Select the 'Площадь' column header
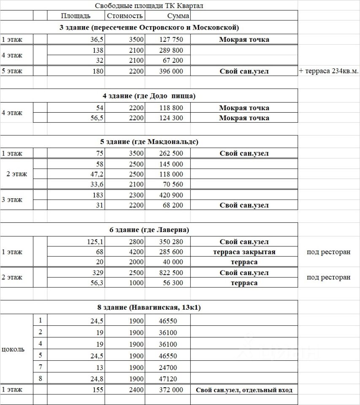(76, 16)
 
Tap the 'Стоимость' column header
(125, 16)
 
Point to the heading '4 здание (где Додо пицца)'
(149, 96)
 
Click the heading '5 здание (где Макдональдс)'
(149, 141)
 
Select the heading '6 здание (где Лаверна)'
(149, 230)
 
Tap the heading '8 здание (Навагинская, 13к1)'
(149, 308)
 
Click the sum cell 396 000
(171, 71)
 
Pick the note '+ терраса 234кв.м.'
(329, 71)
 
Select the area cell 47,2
(97, 174)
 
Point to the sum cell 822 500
(171, 273)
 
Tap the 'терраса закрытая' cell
(244, 252)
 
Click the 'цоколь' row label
(14, 349)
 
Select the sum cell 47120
(168, 379)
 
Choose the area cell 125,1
(95, 242)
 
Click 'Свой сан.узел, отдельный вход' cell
(244, 390)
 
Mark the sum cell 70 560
(171, 184)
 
